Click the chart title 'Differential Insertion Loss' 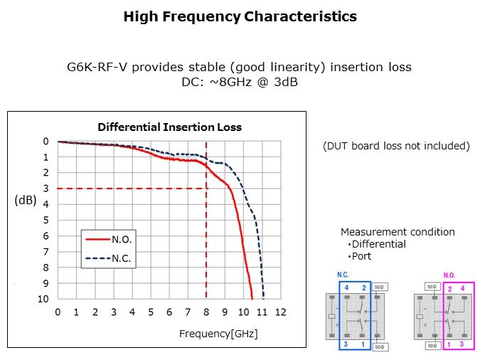(x=169, y=127)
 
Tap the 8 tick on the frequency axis (x=206, y=312)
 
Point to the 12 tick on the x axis (x=280, y=312)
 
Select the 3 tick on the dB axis (x=46, y=189)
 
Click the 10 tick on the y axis (x=44, y=299)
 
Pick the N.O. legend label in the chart (x=122, y=240)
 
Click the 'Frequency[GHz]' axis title (x=218, y=333)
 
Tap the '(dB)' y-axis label (x=25, y=201)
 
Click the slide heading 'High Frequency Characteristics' (x=240, y=16)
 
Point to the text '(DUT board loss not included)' (x=396, y=146)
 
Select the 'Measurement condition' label (x=398, y=232)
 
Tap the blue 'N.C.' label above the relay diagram (x=343, y=275)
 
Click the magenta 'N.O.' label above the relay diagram (x=449, y=275)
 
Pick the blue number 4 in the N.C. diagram (x=346, y=287)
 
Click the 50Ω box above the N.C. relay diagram (x=379, y=287)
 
